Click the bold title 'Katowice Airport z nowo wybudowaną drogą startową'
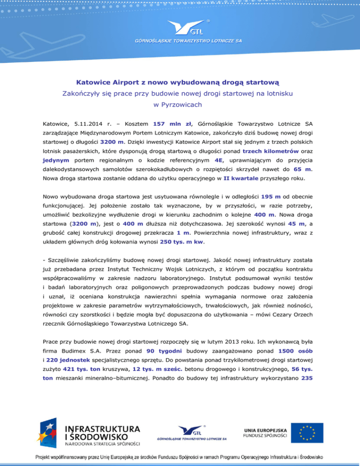coord(180,83)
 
